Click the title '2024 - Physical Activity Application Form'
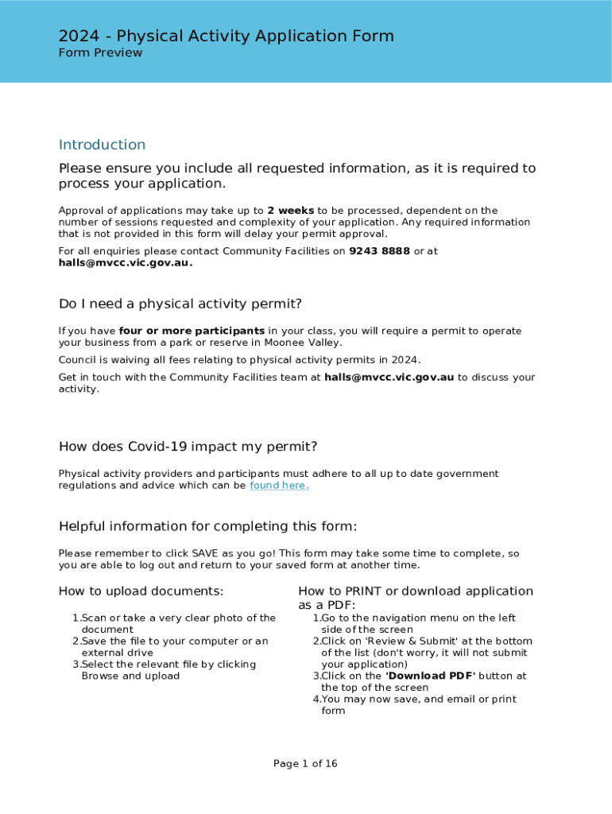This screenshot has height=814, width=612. coord(226,36)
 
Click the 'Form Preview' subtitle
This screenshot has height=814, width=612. coord(100,53)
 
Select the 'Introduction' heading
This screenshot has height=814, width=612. coord(102,145)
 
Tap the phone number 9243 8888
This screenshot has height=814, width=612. coord(379,251)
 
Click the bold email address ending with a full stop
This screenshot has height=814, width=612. coord(125,263)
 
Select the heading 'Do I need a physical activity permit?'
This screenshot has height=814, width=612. coord(180,304)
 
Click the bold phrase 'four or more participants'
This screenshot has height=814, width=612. coord(192,331)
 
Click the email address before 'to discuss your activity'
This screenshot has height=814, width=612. coord(389,378)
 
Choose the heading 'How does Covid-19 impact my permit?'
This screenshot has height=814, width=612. coord(188,446)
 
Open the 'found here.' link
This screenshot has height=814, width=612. coord(278,486)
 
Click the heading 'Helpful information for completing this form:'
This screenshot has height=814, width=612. coord(207,526)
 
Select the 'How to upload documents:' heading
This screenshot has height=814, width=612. coord(141,591)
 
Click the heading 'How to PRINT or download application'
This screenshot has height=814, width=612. coord(415,591)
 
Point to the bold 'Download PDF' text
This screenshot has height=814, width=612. coord(429,676)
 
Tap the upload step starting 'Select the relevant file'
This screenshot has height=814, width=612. coord(168,664)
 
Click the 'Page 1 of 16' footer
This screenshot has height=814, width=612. coord(305,764)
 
